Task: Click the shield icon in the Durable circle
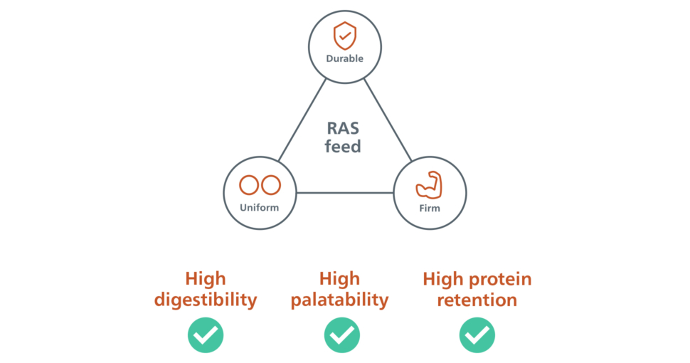(345, 34)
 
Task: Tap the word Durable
(345, 58)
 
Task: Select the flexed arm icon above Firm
(429, 185)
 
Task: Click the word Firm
(430, 209)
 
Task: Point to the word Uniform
(260, 208)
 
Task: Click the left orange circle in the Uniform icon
(249, 185)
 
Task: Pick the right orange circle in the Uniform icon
(271, 185)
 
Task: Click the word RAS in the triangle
(344, 129)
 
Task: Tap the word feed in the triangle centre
(344, 147)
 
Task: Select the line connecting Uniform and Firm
(345, 193)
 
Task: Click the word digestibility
(206, 300)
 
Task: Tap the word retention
(477, 300)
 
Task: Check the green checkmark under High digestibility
(206, 335)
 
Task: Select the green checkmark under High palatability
(342, 335)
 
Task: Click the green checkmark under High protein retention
(477, 335)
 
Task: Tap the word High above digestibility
(205, 278)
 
